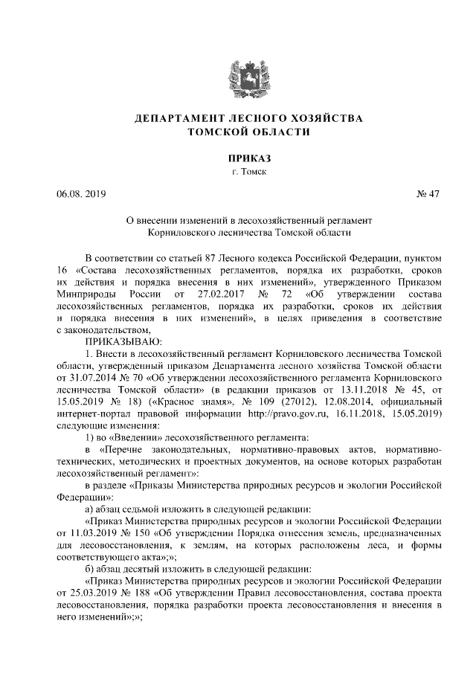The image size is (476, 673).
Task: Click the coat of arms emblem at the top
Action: point(237,57)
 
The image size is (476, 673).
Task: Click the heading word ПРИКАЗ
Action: point(237,158)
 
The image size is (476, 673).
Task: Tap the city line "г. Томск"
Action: point(237,173)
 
